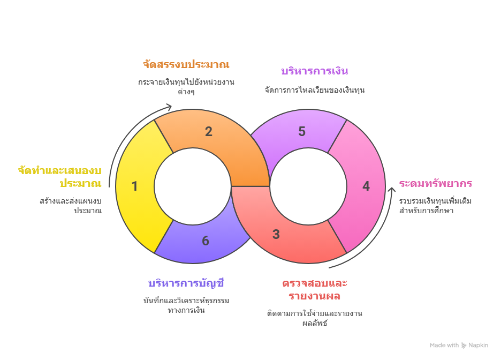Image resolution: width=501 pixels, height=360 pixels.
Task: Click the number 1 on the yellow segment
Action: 134,186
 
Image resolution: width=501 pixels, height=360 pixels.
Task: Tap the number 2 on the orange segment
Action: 209,132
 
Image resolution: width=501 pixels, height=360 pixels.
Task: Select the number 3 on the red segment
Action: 276,234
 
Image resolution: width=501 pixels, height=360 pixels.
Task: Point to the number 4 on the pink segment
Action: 366,186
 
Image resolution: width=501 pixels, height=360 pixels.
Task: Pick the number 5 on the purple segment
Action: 302,132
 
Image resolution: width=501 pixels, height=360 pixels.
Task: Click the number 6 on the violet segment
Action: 206,241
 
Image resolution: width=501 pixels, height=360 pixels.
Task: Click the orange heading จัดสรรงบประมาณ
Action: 186,65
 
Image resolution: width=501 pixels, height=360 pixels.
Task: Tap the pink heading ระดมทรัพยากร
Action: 435,184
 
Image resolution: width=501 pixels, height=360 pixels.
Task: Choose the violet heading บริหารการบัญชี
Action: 186,283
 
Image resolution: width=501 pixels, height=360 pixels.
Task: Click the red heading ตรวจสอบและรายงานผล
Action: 315,289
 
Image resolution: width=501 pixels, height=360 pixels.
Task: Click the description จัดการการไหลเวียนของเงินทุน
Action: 315,90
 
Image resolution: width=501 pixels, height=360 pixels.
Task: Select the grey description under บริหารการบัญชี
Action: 186,305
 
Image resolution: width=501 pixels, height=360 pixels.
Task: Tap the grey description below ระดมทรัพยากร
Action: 435,206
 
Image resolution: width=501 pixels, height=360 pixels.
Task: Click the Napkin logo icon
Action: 464,346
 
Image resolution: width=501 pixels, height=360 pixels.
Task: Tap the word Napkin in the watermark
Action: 479,346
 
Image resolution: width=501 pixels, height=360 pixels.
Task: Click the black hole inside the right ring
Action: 309,186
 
